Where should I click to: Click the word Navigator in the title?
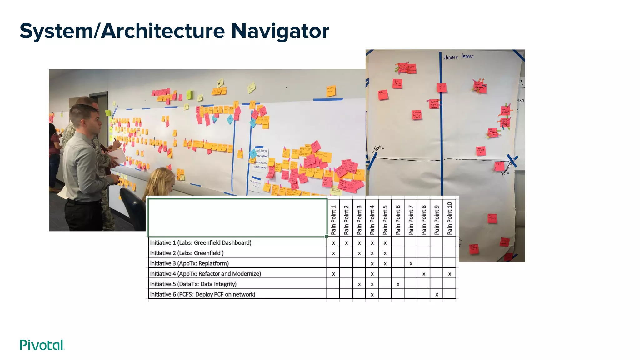click(280, 31)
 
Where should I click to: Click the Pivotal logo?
click(42, 345)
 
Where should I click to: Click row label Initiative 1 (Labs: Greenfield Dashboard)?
click(201, 243)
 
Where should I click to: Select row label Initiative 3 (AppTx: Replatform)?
click(189, 263)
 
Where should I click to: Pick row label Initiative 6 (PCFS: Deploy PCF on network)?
click(202, 294)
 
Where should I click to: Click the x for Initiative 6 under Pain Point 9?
click(437, 295)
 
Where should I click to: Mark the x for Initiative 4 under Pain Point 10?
click(450, 274)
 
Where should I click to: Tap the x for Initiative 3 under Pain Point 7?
click(411, 264)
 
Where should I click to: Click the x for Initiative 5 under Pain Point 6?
click(398, 284)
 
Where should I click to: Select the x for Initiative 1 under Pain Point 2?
click(346, 243)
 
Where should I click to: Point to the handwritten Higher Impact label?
click(459, 57)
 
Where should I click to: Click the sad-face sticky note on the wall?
click(251, 87)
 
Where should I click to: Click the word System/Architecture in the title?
click(122, 31)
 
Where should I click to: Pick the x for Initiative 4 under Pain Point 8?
click(424, 274)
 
